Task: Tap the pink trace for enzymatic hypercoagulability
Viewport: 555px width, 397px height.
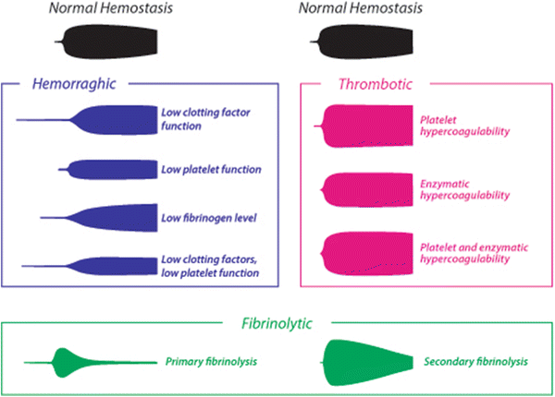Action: click(x=365, y=190)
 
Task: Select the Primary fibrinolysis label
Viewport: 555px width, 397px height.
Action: click(x=211, y=362)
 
